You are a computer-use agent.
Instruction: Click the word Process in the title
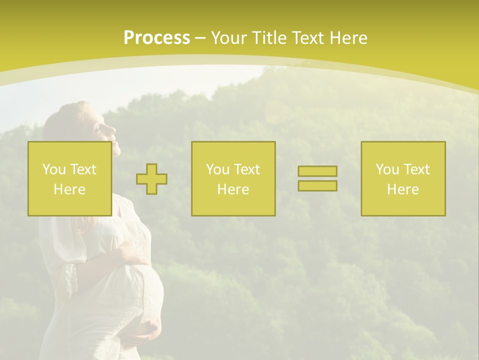tap(157, 38)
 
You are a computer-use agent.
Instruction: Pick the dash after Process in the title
tap(201, 38)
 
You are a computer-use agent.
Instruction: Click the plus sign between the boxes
tap(152, 179)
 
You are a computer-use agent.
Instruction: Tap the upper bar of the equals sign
tap(317, 171)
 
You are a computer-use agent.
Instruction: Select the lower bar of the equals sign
tap(317, 186)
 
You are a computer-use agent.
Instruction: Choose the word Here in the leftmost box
tap(69, 189)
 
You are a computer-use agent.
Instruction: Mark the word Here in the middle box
tap(233, 189)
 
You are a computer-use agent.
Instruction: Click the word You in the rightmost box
tap(387, 169)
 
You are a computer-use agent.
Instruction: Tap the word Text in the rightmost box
tap(416, 169)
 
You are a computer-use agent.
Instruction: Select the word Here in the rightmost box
tap(403, 189)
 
